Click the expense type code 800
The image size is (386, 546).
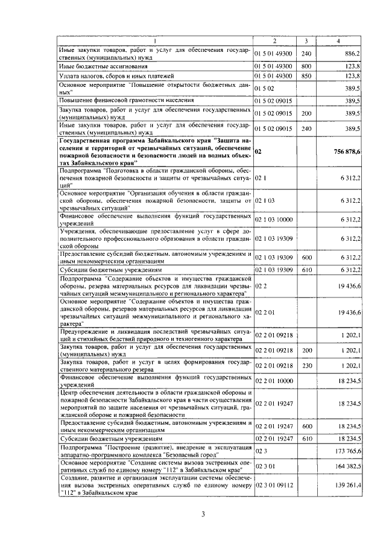pyautogui.click(x=306, y=65)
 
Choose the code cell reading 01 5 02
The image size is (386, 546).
pyautogui.click(x=264, y=89)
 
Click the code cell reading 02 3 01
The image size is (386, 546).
pyautogui.click(x=265, y=466)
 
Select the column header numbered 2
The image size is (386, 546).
pyautogui.click(x=274, y=41)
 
